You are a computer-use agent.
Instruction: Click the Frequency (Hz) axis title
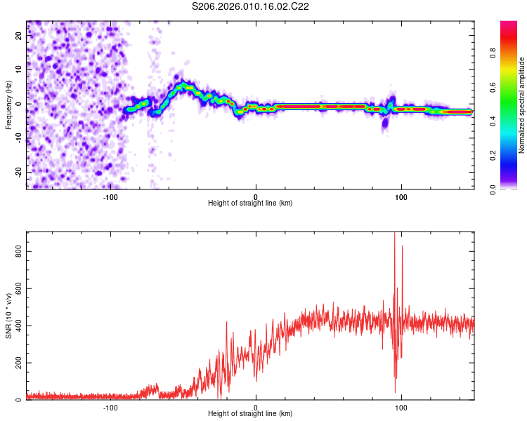(x=8, y=105)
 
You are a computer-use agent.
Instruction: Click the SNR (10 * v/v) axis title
(x=8, y=316)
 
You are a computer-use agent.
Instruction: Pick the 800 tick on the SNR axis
(x=18, y=250)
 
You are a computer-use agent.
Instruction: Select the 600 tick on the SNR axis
(x=18, y=288)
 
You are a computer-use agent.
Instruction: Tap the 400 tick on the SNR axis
(x=18, y=325)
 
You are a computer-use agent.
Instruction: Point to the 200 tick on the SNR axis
(x=18, y=363)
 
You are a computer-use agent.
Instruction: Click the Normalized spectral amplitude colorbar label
(x=522, y=105)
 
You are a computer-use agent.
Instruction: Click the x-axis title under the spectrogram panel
(x=251, y=203)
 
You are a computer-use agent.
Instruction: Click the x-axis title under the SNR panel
(x=251, y=413)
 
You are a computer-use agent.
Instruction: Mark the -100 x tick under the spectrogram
(x=110, y=197)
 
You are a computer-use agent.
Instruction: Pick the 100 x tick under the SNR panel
(x=401, y=408)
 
